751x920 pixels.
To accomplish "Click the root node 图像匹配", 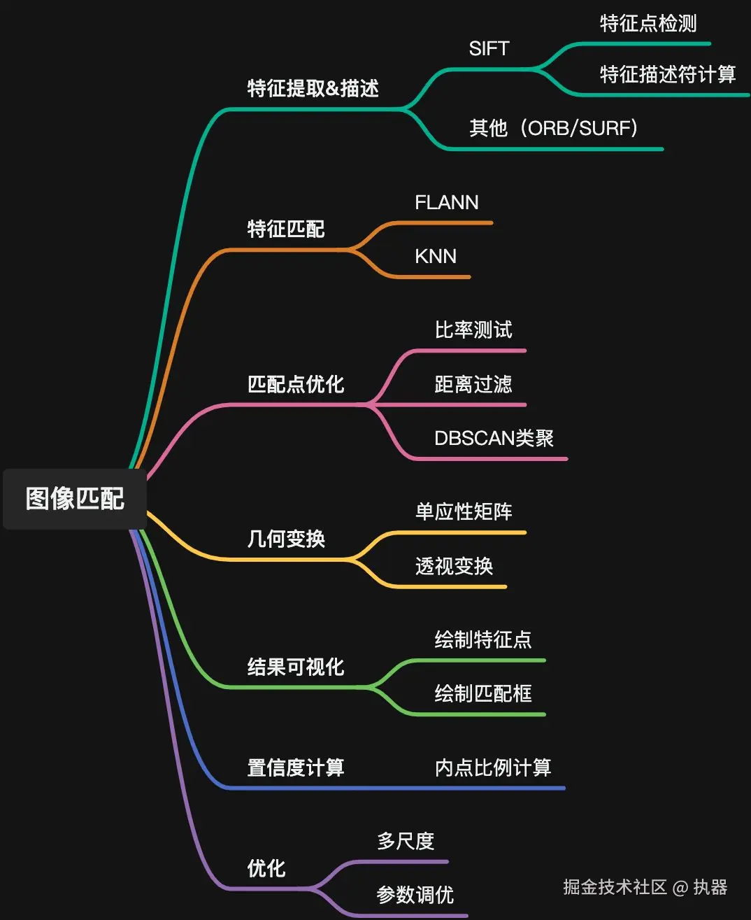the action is pyautogui.click(x=75, y=499).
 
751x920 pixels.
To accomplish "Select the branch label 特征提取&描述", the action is pyautogui.click(x=313, y=88).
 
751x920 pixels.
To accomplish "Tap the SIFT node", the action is pyautogui.click(x=489, y=49).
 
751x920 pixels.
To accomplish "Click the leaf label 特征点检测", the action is pyautogui.click(x=648, y=24).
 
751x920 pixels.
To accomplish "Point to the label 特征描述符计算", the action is pyautogui.click(x=667, y=74).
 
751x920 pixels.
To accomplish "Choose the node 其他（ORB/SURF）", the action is pyautogui.click(x=553, y=128).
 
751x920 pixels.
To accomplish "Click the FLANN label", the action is pyautogui.click(x=446, y=203).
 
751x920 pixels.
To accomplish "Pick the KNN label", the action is pyautogui.click(x=435, y=257).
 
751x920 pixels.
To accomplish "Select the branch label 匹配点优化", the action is pyautogui.click(x=296, y=384).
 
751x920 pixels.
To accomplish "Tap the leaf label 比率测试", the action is pyautogui.click(x=473, y=330).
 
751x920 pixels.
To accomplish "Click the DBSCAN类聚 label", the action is pyautogui.click(x=494, y=439).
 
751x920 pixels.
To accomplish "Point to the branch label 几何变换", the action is pyautogui.click(x=286, y=539).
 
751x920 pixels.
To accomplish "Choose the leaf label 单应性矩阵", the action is pyautogui.click(x=464, y=512).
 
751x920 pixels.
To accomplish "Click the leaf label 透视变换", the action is pyautogui.click(x=454, y=566).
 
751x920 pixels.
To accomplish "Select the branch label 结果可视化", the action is pyautogui.click(x=296, y=667).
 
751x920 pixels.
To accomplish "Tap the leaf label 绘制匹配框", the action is pyautogui.click(x=483, y=694).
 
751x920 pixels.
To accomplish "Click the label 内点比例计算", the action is pyautogui.click(x=493, y=767).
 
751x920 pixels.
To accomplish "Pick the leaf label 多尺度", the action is pyautogui.click(x=406, y=841).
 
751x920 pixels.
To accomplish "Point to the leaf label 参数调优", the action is pyautogui.click(x=415, y=895).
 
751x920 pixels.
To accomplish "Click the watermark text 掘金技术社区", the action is pyautogui.click(x=615, y=887).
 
